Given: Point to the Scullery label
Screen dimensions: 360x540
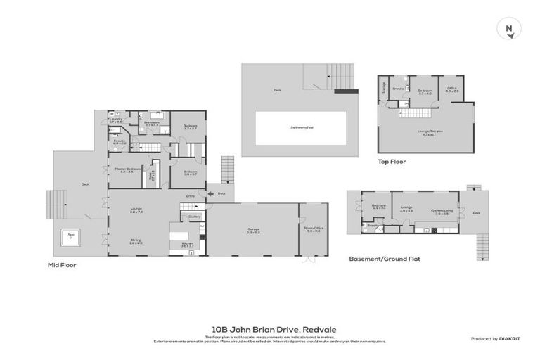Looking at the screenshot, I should (195, 217).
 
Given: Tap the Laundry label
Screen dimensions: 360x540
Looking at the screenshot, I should (117, 119).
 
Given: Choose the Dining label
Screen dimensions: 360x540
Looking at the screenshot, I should (136, 240).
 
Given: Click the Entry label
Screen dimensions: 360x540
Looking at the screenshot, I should (190, 196).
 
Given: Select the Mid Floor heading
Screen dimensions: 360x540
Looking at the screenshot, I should (62, 265).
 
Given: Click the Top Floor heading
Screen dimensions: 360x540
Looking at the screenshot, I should (392, 161).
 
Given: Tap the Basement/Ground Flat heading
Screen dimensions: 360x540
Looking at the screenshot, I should (384, 259).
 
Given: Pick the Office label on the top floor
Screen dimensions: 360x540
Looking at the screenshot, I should (452, 89).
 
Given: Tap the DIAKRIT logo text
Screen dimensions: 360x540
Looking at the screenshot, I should (511, 339).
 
